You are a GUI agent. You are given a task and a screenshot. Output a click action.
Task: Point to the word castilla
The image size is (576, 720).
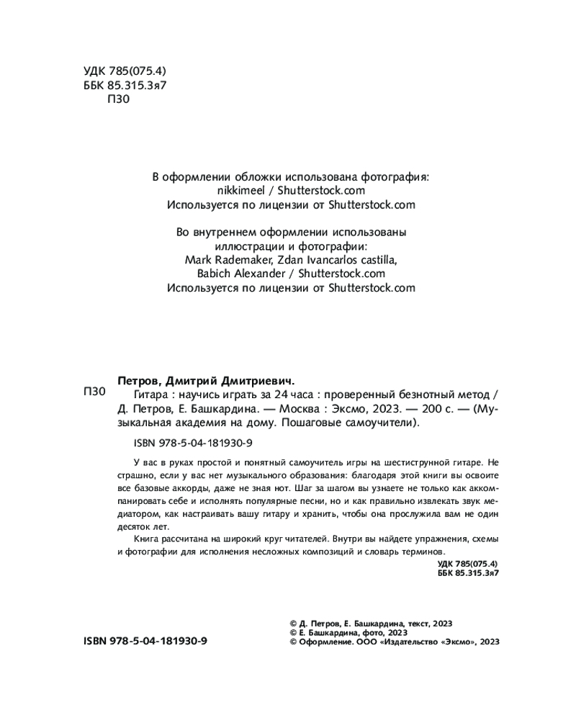[x=374, y=260]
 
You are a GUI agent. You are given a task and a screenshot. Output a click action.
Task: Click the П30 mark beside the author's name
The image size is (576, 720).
[x=94, y=392]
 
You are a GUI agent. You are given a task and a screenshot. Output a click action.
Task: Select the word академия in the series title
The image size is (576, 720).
[x=194, y=423]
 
